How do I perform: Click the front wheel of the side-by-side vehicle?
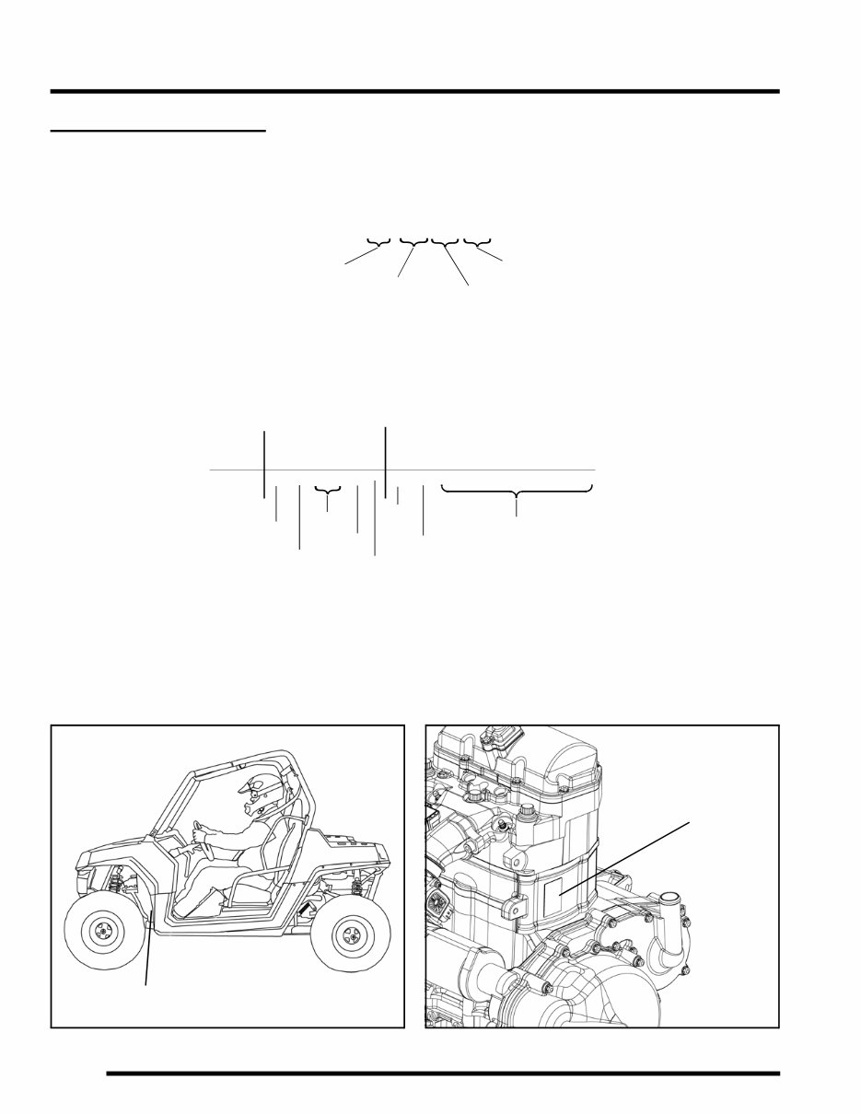tap(100, 933)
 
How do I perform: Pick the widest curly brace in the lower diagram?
tap(517, 494)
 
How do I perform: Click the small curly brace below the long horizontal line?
tap(328, 495)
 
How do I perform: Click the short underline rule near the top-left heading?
tap(157, 131)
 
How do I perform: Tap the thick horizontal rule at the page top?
tap(414, 91)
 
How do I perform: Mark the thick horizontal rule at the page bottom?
tap(442, 1073)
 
